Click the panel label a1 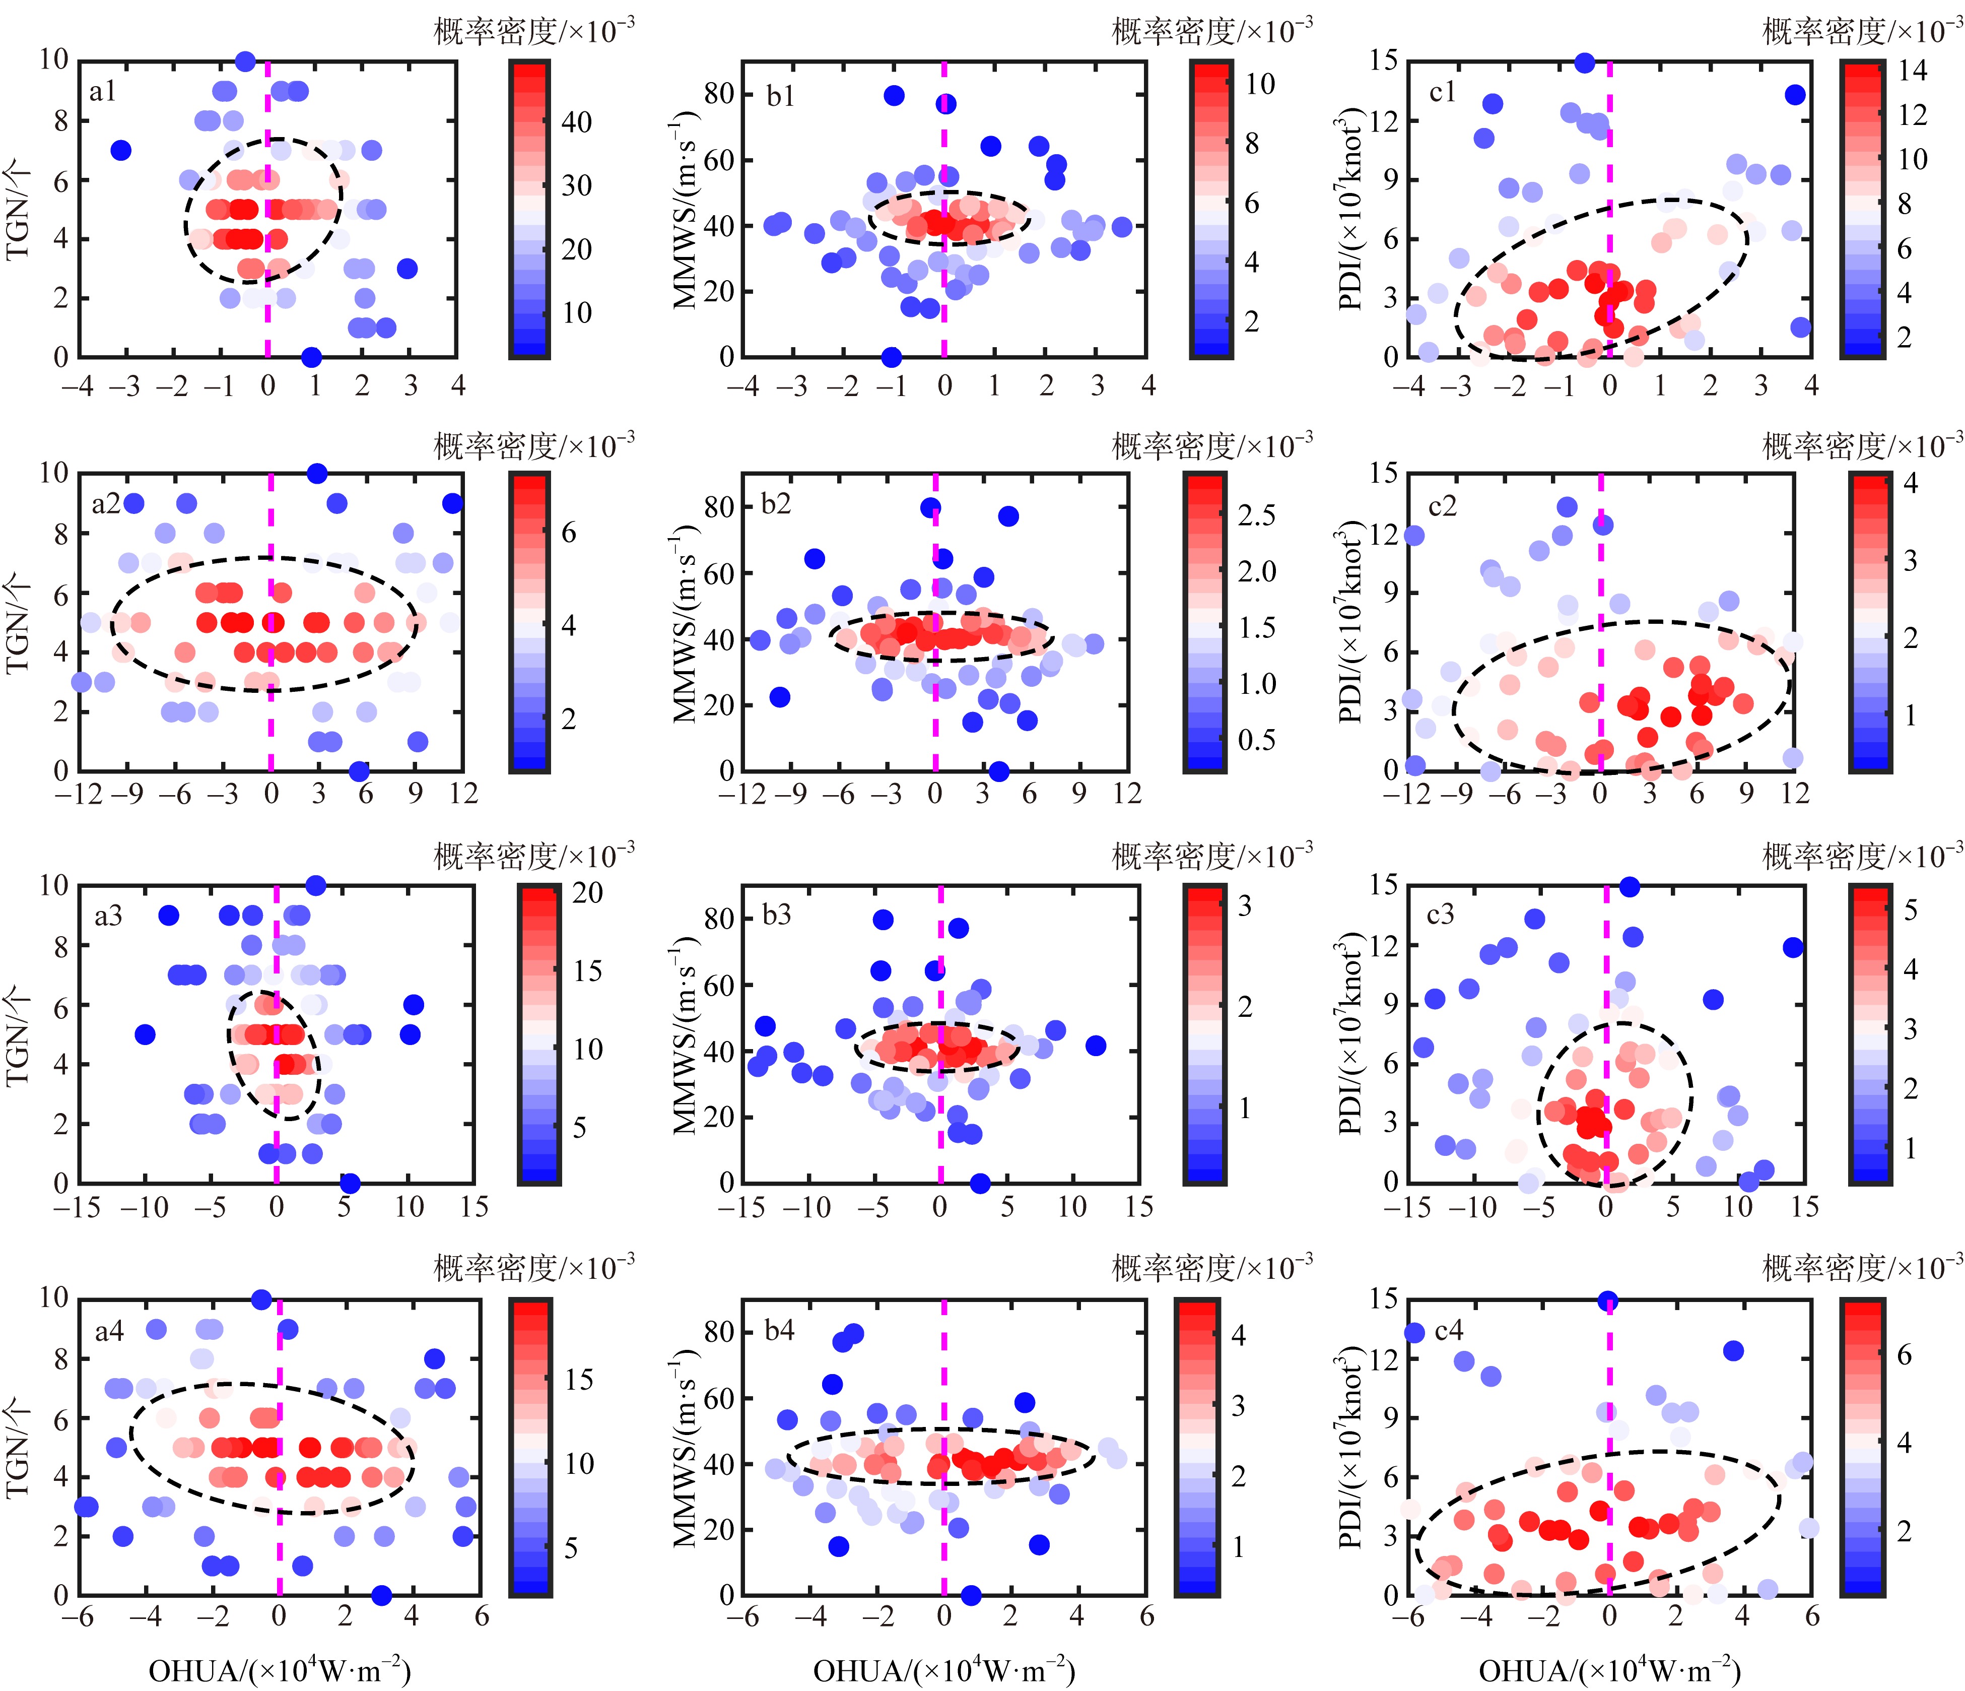[x=102, y=92]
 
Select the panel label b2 [x=776, y=503]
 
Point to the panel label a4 [x=109, y=1332]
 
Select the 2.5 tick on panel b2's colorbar [x=1257, y=516]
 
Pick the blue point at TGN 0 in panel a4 [x=381, y=1595]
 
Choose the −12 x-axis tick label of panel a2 [x=78, y=794]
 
